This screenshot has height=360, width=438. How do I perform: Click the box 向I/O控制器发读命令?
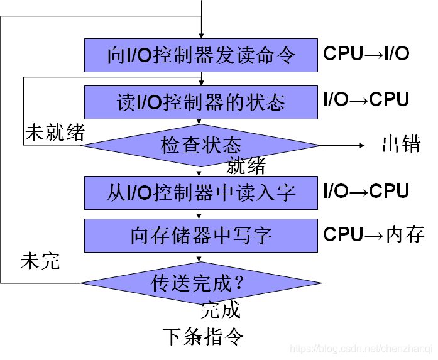(x=200, y=55)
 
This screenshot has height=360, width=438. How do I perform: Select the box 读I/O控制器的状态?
(x=200, y=102)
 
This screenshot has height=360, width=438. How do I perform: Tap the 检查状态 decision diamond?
(x=200, y=146)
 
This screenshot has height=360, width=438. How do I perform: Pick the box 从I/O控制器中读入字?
(x=200, y=192)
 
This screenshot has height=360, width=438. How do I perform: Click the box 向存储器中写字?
(x=200, y=235)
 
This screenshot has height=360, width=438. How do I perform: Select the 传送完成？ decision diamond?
(x=200, y=283)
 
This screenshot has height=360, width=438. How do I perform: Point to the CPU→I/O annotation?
(x=366, y=54)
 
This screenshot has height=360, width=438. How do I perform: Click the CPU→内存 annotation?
(x=374, y=235)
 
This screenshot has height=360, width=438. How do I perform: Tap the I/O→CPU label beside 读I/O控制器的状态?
(x=366, y=99)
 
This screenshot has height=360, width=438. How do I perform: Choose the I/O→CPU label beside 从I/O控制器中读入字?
(x=366, y=191)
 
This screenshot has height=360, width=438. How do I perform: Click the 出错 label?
(x=401, y=145)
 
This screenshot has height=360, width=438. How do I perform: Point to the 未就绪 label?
(x=55, y=133)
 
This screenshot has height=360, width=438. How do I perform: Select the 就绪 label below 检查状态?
(x=246, y=166)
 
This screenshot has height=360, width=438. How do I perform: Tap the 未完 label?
(x=40, y=261)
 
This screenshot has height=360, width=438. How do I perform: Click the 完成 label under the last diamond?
(x=221, y=310)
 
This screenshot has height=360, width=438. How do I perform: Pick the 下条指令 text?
(x=203, y=336)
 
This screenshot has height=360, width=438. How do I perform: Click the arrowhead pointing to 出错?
(x=361, y=145)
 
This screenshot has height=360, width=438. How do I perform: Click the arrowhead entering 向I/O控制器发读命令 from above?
(x=200, y=35)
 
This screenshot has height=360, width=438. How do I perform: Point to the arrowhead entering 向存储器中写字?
(x=200, y=215)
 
